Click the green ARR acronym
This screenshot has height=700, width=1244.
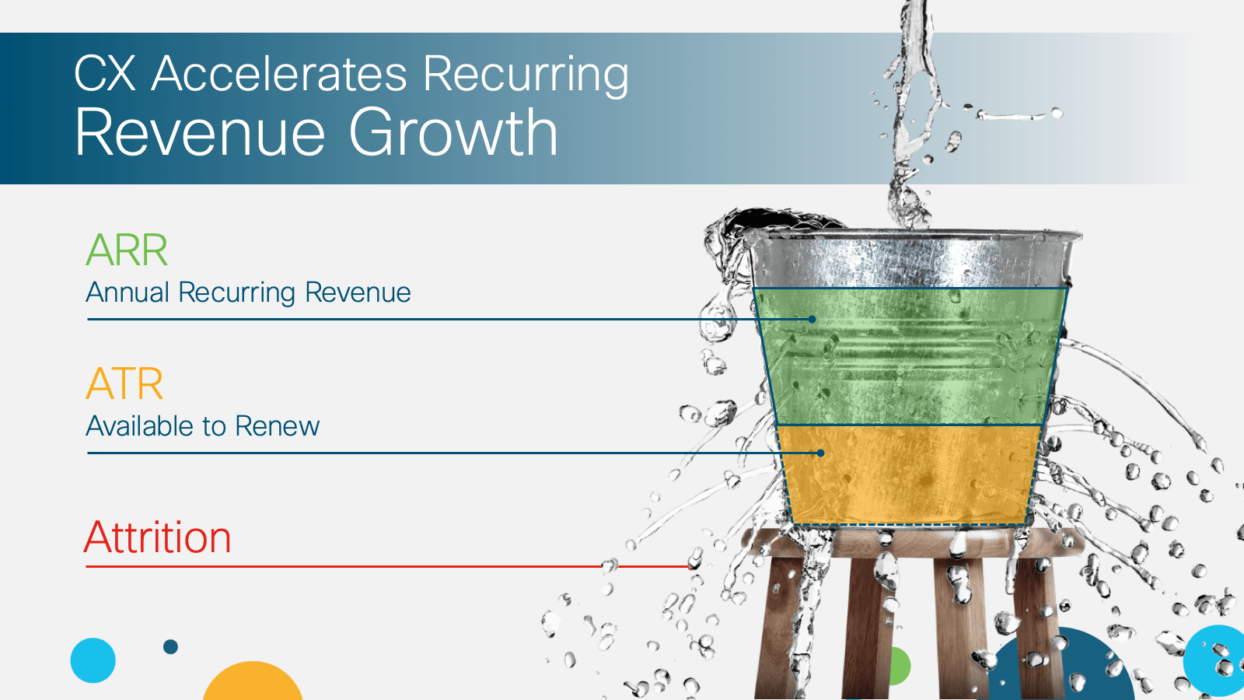click(127, 250)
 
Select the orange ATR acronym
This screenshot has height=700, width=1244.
click(124, 383)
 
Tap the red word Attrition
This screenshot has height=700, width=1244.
click(157, 537)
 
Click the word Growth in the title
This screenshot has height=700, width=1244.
click(453, 132)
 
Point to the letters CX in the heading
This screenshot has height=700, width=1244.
click(104, 73)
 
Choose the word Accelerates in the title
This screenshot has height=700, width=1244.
click(279, 73)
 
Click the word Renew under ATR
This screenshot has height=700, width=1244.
click(277, 426)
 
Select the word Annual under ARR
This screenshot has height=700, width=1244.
click(128, 292)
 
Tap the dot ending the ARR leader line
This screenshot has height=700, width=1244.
click(812, 320)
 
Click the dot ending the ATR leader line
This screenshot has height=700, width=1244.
click(820, 453)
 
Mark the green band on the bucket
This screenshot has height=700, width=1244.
click(909, 356)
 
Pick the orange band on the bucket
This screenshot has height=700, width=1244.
click(909, 474)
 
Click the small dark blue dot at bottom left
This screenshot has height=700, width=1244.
click(170, 646)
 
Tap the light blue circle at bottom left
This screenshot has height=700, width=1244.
click(93, 660)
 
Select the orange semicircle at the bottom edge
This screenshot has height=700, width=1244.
click(253, 682)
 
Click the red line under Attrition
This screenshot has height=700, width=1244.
click(389, 567)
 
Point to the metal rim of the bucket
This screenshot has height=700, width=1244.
click(914, 236)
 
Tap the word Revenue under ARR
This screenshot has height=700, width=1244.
click(358, 292)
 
